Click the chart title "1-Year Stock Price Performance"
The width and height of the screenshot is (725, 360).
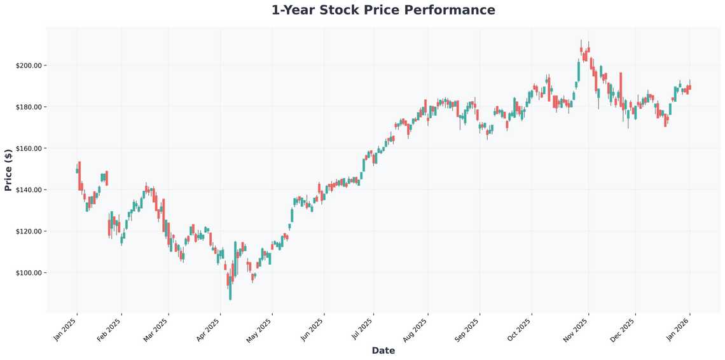tap(383, 10)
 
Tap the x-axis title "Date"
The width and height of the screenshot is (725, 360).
tap(383, 350)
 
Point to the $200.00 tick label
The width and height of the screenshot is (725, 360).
tap(29, 66)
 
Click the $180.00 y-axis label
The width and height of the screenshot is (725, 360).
tap(29, 107)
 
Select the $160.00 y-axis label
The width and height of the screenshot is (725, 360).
tap(29, 148)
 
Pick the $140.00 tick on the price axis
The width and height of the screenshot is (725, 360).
tap(29, 190)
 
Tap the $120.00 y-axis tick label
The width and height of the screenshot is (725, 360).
tap(29, 231)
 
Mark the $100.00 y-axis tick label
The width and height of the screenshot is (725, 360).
tap(29, 273)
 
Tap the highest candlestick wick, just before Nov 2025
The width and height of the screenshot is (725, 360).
tap(581, 43)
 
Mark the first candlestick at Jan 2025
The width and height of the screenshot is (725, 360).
tap(77, 170)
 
